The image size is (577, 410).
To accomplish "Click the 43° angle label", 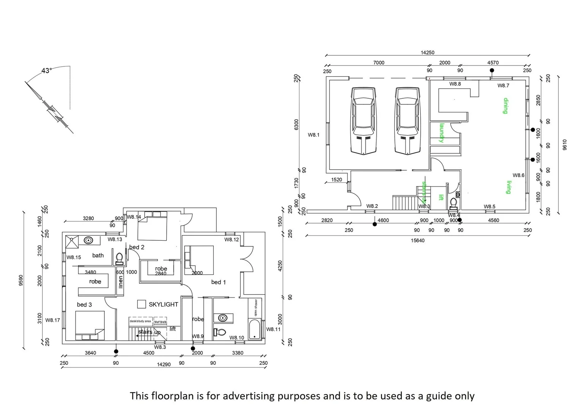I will pos(46,71).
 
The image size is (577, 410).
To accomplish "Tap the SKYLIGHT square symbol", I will pos(142,304).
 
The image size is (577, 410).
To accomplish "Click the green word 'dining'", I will pos(505,106).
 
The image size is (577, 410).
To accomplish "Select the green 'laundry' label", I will pos(441,133).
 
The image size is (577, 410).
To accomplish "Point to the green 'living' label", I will pos(508,187).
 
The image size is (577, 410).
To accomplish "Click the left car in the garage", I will pos(364,121).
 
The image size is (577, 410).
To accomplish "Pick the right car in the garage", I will pos(408,121).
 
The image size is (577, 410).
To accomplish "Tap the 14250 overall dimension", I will pos(427,53).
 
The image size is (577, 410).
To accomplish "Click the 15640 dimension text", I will pos(418,240).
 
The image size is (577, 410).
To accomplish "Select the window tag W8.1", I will pos(314,135).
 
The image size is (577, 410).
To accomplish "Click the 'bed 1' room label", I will pos(218,282).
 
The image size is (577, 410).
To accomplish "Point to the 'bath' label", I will pos(98,255).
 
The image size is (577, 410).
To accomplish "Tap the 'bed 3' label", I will pos(84,304).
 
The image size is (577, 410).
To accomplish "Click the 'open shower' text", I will pos(256,308).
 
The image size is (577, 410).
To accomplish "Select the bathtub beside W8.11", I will pos(254,330).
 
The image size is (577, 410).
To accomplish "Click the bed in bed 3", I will pos(90,325).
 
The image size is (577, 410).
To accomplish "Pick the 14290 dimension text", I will pos(164,364).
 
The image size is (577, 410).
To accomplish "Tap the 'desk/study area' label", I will pos(140,321).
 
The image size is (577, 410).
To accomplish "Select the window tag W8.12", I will pos(232,240).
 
